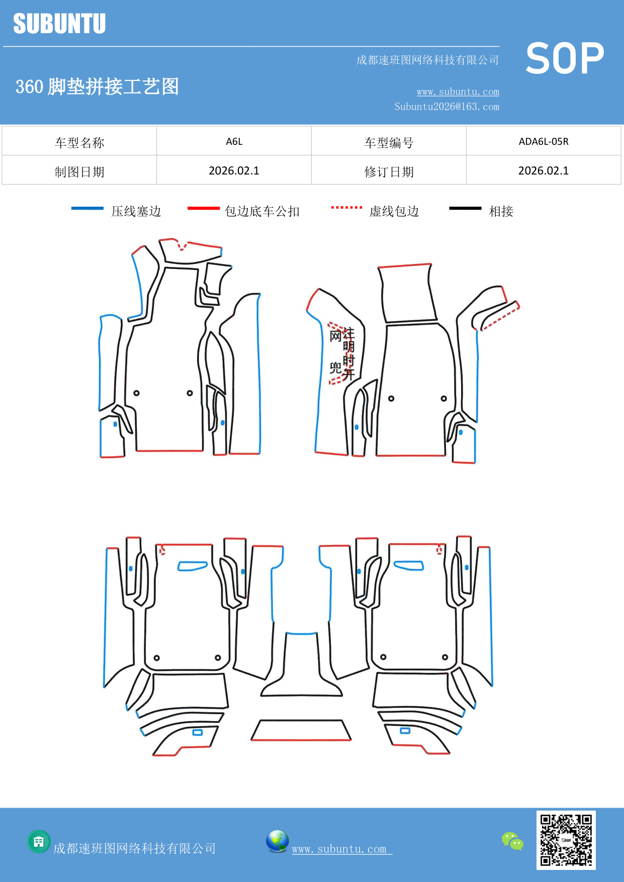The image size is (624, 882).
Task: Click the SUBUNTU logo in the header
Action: click(x=59, y=24)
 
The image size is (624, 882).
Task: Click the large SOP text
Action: click(x=565, y=58)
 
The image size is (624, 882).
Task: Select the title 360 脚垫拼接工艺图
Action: click(x=97, y=86)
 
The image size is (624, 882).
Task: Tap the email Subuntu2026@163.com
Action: click(x=447, y=107)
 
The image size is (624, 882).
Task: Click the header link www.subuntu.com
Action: click(x=458, y=92)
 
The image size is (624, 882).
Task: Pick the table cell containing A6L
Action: click(x=234, y=141)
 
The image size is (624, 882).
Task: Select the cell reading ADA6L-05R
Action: click(x=543, y=141)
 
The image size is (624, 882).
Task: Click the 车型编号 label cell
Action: click(x=389, y=143)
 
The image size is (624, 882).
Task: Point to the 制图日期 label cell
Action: click(x=79, y=172)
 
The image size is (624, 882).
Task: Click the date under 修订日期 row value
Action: click(x=543, y=171)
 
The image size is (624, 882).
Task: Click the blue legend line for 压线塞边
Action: click(x=87, y=208)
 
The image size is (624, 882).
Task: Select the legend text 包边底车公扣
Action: click(x=262, y=211)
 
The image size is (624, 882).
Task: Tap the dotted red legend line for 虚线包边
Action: click(x=346, y=207)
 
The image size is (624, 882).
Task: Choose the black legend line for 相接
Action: click(x=465, y=208)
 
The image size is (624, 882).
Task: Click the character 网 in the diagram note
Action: click(x=335, y=336)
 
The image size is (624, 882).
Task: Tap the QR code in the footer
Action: click(x=566, y=840)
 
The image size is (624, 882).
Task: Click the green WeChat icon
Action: click(x=512, y=841)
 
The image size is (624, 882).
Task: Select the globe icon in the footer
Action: click(x=277, y=841)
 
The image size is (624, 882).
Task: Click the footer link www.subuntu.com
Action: click(x=339, y=849)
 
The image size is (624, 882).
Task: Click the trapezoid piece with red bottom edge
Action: click(x=301, y=730)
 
